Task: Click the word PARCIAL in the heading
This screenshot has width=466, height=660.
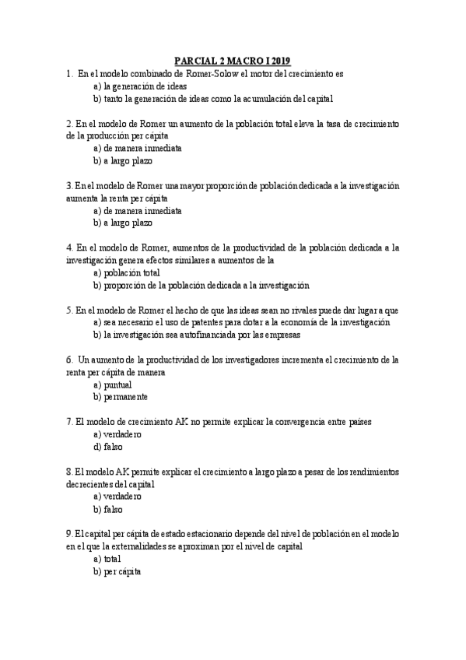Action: tap(192, 61)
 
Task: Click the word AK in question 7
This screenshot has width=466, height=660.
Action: tap(190, 421)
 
